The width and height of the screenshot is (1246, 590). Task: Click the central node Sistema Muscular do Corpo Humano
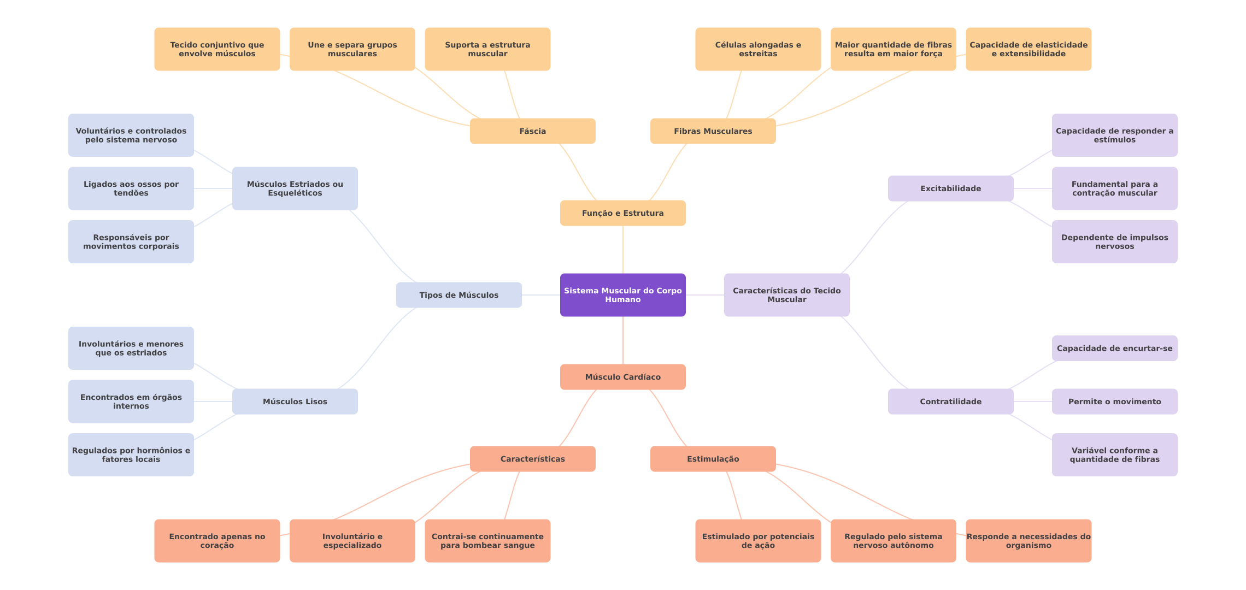tap(623, 295)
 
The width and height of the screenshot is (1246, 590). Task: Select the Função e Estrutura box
tap(623, 213)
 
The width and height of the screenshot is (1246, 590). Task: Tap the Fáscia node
tap(533, 131)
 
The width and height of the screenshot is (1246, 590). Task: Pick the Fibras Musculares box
tap(713, 131)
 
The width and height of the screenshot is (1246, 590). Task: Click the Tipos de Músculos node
tap(459, 295)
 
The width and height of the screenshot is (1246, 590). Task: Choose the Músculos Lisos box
tap(295, 402)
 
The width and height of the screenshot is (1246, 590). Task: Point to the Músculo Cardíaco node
tap(623, 377)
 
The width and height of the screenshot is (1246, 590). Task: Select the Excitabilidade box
tap(951, 188)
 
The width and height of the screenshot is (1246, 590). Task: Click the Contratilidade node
tap(951, 402)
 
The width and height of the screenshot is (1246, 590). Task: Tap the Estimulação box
tap(713, 459)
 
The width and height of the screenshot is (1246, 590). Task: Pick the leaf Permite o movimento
tap(1115, 402)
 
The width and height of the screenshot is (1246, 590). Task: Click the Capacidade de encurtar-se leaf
tap(1115, 349)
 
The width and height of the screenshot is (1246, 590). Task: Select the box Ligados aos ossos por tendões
tap(131, 188)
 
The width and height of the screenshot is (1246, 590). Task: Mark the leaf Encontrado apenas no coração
tap(217, 541)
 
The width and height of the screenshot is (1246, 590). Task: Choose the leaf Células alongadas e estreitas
tap(758, 49)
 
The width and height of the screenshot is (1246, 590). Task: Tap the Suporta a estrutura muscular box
tap(487, 49)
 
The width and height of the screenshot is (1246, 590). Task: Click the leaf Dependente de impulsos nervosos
tap(1115, 241)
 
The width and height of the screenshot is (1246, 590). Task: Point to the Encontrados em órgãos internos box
tap(131, 402)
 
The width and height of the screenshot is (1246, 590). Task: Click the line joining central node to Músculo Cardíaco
tap(623, 340)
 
